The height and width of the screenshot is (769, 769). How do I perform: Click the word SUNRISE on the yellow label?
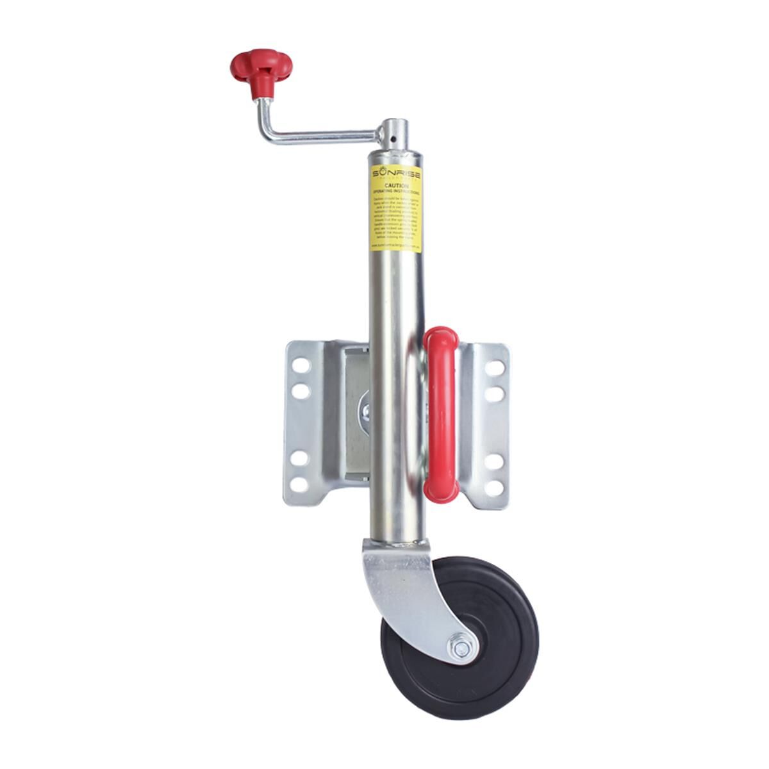[x=395, y=174]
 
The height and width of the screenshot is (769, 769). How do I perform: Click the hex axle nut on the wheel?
[x=461, y=649]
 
